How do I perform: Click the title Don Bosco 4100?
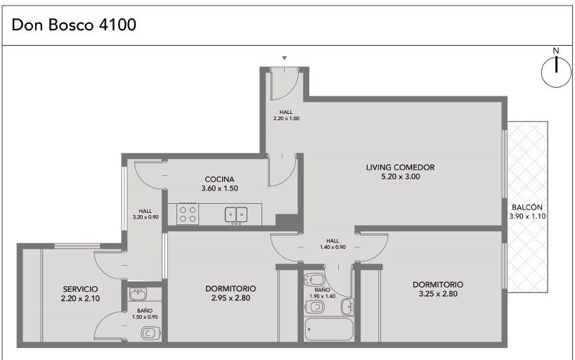pos(74,25)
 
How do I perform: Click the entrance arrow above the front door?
pos(284,58)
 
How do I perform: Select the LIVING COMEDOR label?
pos(400,167)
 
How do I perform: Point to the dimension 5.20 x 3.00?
pos(401,176)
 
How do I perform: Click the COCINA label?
pos(219,179)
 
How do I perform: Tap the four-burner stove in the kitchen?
pos(188,214)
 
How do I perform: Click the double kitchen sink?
pos(235,214)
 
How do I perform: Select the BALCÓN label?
pos(527,207)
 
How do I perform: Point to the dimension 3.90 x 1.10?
pos(527,216)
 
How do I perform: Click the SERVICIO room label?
pos(80,289)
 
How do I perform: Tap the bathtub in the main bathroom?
pos(329,329)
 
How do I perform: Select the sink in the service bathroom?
pos(138,294)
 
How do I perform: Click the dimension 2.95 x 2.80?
pos(231,298)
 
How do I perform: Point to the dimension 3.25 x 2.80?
pos(438,294)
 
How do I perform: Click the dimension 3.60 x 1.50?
pos(219,188)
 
